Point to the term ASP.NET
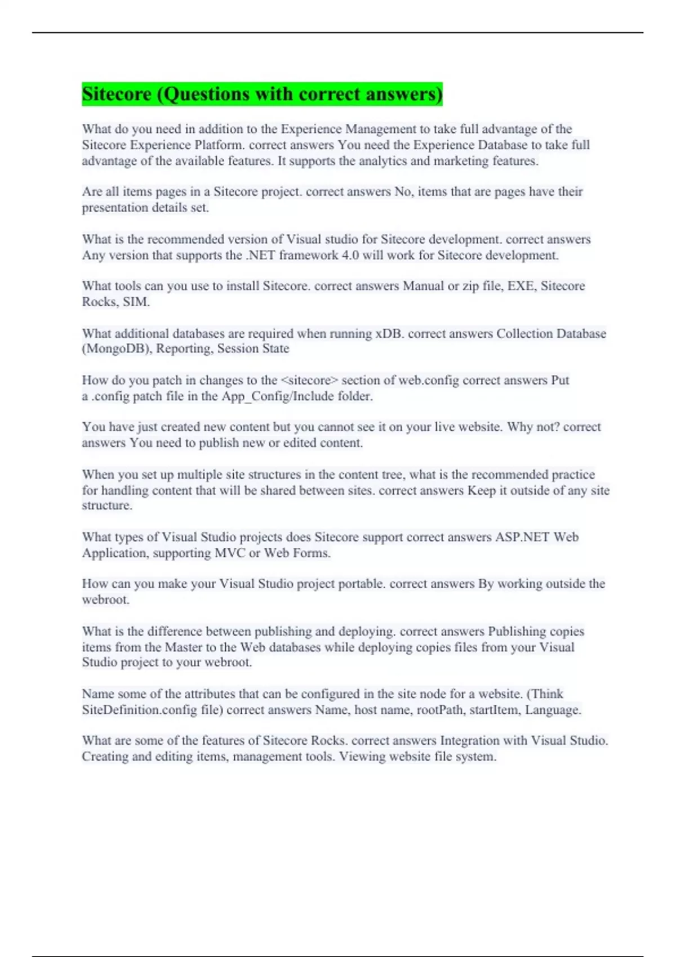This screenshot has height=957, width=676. (x=522, y=537)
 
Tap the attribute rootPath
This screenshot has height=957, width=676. (x=439, y=710)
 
